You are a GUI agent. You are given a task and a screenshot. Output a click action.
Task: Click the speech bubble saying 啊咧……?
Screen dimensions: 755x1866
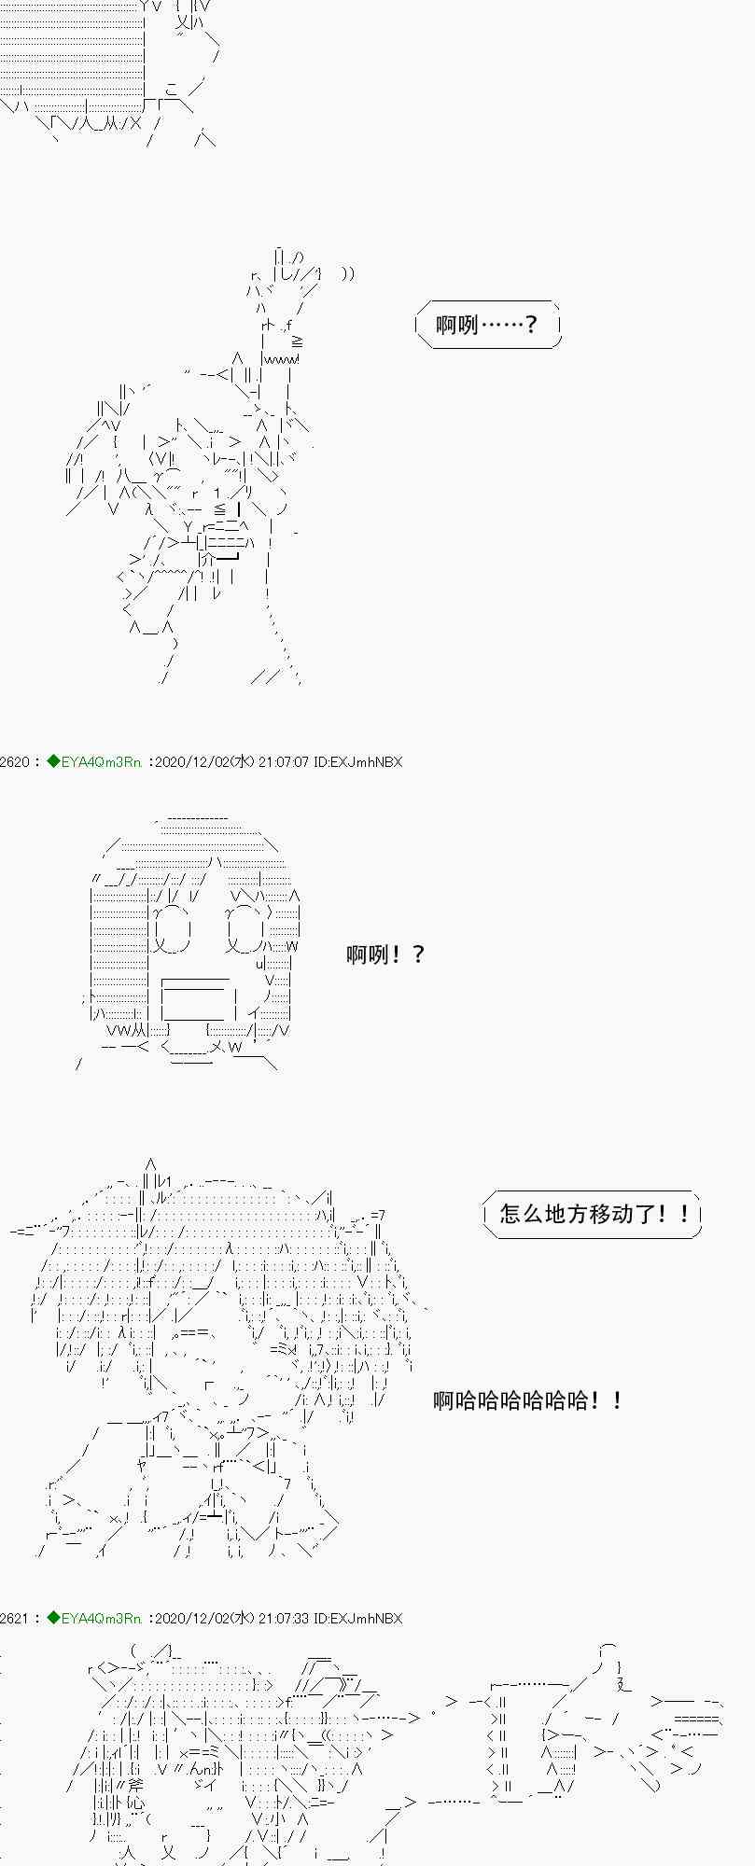pos(488,325)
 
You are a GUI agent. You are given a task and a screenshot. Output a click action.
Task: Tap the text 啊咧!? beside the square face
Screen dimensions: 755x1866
pos(385,954)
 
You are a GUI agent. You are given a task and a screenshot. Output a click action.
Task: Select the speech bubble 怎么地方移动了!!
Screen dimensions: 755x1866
pos(593,1214)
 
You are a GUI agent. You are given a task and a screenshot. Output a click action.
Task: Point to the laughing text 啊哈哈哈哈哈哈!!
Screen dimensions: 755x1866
pos(527,1399)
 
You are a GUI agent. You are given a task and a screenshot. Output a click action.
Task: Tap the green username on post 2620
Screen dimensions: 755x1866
pos(101,761)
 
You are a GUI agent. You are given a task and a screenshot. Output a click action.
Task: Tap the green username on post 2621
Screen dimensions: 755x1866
pos(101,1618)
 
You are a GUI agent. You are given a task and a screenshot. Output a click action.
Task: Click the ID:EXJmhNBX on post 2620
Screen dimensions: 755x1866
pos(358,761)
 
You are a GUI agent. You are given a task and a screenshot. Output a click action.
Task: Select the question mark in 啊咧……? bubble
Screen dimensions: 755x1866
pos(531,325)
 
